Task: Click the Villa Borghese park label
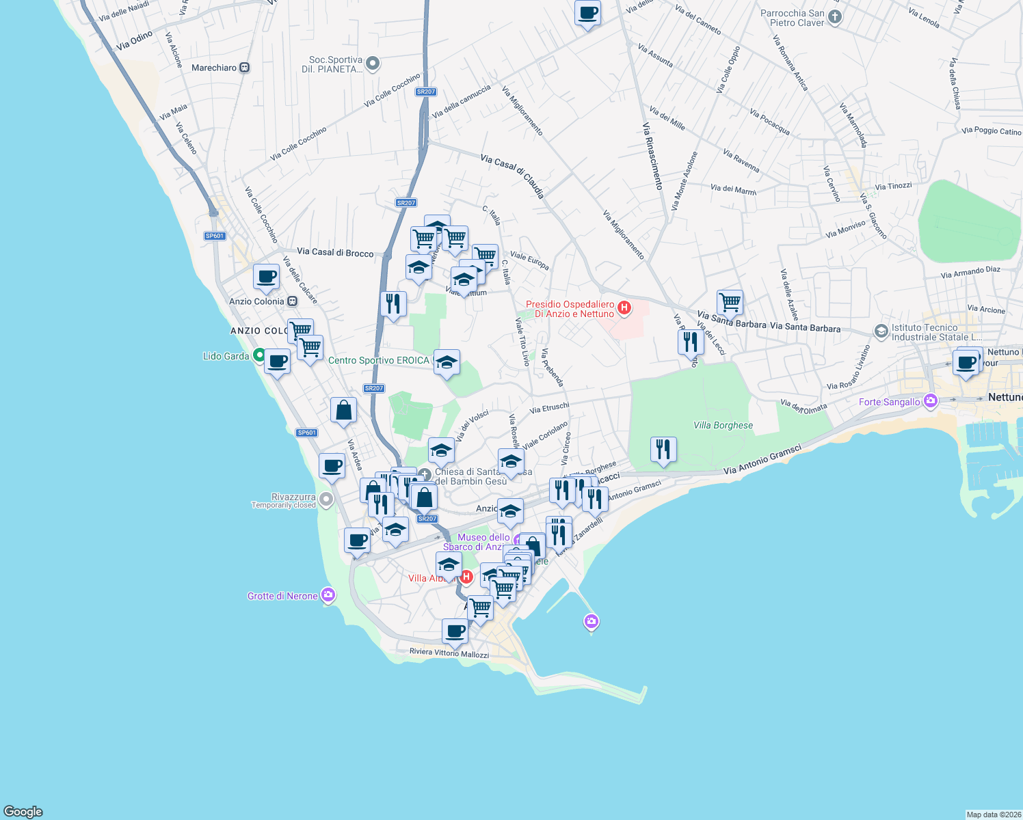click(x=723, y=425)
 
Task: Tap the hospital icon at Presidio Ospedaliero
click(x=624, y=308)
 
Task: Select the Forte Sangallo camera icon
click(x=930, y=401)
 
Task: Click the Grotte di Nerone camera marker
click(x=328, y=595)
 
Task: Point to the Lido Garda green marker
click(x=258, y=355)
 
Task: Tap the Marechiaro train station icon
click(x=245, y=68)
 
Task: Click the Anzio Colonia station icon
click(x=292, y=301)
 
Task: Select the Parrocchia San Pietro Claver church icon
click(x=834, y=18)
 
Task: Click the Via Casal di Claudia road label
click(x=512, y=175)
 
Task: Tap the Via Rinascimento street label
click(x=652, y=156)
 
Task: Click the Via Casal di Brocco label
click(x=335, y=252)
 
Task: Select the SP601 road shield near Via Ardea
click(x=307, y=433)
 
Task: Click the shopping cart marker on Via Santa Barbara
click(x=730, y=301)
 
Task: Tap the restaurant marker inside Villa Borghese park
click(x=663, y=449)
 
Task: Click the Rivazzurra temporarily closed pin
click(x=326, y=500)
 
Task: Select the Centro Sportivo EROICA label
click(x=379, y=360)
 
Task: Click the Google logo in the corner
click(x=23, y=811)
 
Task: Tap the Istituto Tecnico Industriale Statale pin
click(x=881, y=331)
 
